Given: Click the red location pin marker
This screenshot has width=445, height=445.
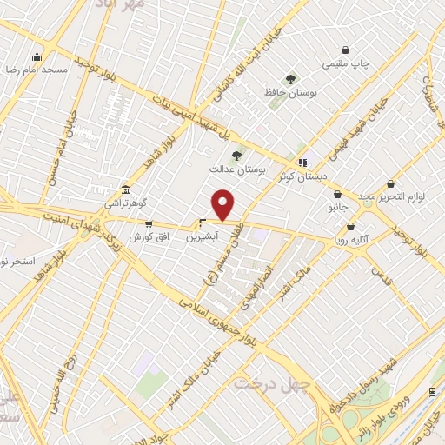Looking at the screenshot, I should click(x=223, y=205).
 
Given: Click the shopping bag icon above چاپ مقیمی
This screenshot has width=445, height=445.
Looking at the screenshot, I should click(x=347, y=50).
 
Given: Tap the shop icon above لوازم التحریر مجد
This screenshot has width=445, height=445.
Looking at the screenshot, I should click(x=390, y=184).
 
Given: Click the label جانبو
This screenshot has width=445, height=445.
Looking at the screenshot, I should click(x=337, y=209).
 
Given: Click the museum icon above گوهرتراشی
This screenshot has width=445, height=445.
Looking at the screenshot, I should click(x=127, y=189).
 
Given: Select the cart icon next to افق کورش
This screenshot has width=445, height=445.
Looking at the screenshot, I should click(x=149, y=224).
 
